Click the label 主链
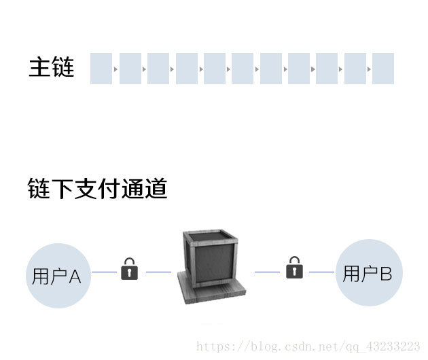tap(51, 68)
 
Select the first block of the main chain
tap(101, 69)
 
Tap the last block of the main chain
tap(383, 69)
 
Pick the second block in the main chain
tap(130, 69)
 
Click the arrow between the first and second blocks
tap(115, 69)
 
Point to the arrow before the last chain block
tap(369, 69)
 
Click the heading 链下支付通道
tap(97, 188)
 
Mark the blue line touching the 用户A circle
tap(104, 272)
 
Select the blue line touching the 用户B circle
tap(322, 272)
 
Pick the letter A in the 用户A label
tap(75, 276)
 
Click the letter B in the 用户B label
tap(385, 274)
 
